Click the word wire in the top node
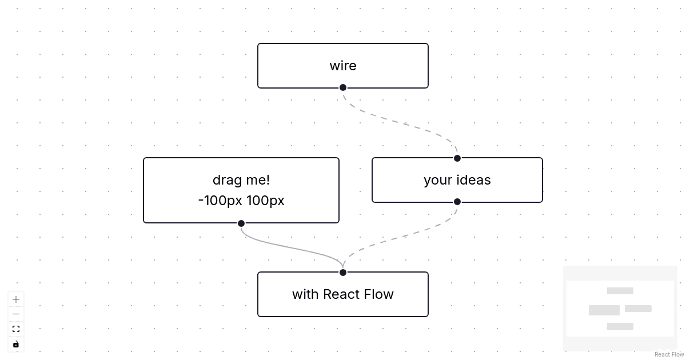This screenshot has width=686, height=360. tap(343, 66)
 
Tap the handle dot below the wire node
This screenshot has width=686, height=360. tap(343, 87)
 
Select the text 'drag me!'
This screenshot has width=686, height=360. tap(241, 180)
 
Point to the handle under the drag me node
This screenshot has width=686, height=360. tap(241, 223)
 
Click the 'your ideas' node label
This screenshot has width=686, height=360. tap(457, 180)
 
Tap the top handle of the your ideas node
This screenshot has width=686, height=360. tap(457, 158)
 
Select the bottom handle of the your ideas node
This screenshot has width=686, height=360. tap(457, 202)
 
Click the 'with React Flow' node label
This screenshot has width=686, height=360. tap(343, 294)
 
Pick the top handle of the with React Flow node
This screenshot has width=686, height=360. tap(343, 273)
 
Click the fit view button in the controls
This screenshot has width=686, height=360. tap(16, 329)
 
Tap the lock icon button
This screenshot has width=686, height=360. tap(16, 344)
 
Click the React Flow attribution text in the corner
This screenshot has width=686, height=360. tap(669, 355)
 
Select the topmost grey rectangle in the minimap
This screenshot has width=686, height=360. tap(620, 291)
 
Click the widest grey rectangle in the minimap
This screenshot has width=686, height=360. tap(604, 310)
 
